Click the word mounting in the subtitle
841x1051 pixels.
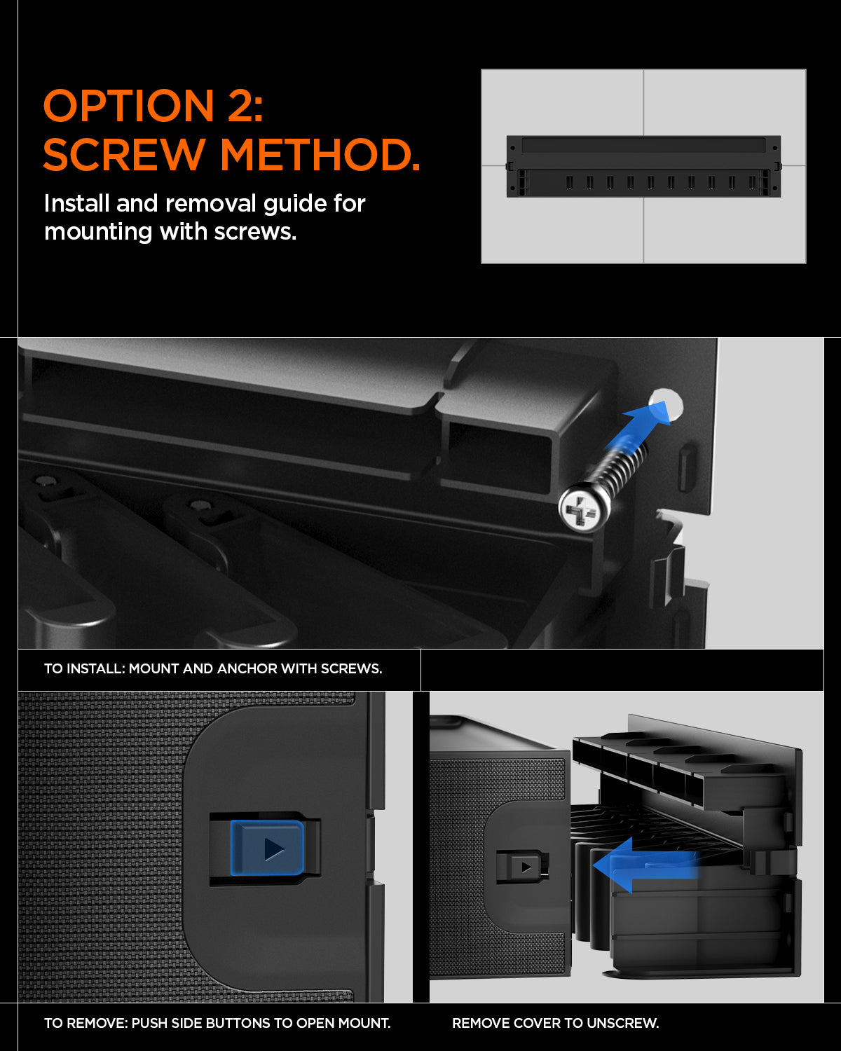coord(97,232)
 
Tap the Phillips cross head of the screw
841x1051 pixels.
coord(581,509)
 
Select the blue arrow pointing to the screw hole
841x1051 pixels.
coord(638,425)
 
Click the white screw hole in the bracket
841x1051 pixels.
coord(666,405)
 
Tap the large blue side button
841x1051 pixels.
coord(267,849)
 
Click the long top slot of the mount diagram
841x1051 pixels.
coord(643,146)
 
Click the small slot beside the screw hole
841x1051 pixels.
coord(687,468)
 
